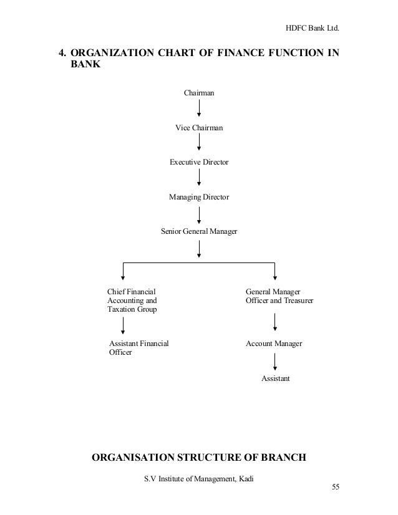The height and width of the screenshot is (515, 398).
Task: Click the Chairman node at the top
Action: point(199,93)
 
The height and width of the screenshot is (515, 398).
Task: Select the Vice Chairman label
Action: point(199,128)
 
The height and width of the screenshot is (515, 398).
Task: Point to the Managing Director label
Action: point(199,197)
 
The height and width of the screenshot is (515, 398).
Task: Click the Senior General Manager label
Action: point(199,232)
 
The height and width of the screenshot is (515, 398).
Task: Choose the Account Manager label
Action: point(274,344)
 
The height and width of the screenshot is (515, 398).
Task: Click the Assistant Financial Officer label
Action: point(138,348)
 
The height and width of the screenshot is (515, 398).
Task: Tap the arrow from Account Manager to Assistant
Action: point(274,362)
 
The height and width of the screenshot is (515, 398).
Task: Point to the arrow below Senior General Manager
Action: point(199,249)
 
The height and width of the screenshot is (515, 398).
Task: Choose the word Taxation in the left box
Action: point(122,309)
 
